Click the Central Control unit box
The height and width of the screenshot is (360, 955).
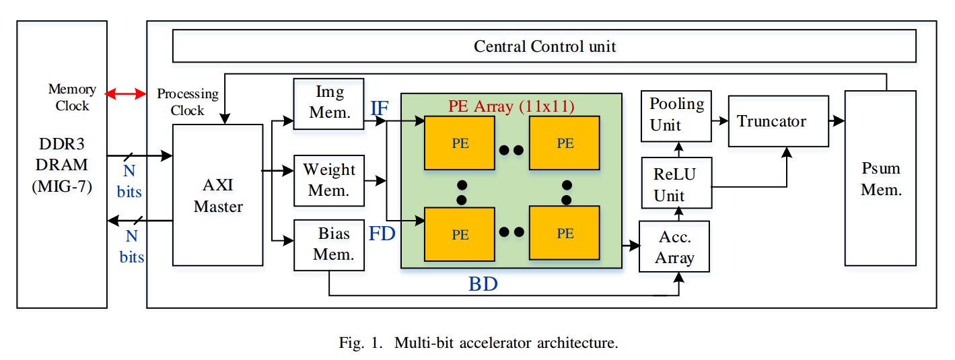click(544, 46)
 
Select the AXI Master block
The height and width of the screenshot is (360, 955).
click(218, 195)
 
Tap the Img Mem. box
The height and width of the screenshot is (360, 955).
click(329, 102)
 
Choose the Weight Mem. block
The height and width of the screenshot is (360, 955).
click(329, 180)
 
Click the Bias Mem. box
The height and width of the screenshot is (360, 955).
click(329, 244)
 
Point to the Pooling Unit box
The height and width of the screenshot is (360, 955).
click(676, 115)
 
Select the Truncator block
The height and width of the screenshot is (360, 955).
click(778, 121)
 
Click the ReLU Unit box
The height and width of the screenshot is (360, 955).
click(676, 184)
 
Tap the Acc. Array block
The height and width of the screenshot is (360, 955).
click(674, 247)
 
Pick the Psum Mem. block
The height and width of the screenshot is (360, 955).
click(880, 178)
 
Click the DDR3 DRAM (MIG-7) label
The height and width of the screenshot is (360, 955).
click(62, 164)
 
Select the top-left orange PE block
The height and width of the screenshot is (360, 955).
click(460, 143)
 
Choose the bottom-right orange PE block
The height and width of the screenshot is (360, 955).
click(565, 233)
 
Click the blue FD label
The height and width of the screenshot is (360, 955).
click(382, 234)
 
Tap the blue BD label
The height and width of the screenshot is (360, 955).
click(483, 284)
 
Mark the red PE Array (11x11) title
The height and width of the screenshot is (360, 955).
click(511, 106)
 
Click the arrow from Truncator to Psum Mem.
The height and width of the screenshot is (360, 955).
click(837, 121)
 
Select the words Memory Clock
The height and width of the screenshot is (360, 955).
click(72, 98)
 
